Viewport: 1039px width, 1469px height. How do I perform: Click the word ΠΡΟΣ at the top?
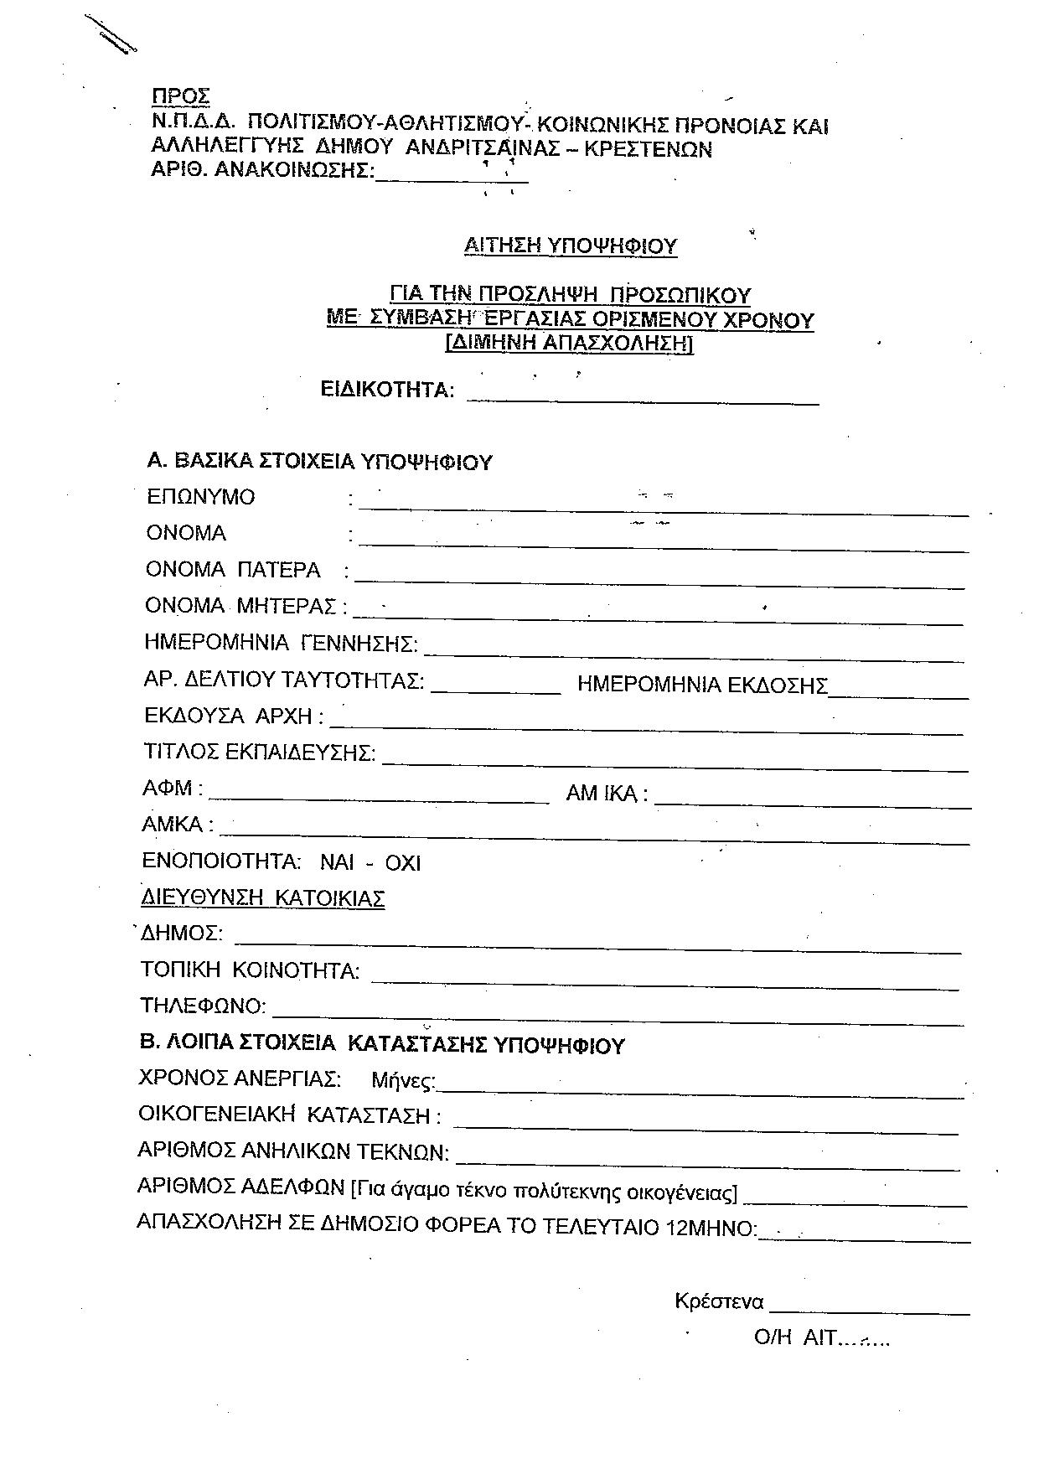click(x=180, y=96)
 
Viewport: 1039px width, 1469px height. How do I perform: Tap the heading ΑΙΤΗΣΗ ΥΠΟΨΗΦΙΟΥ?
click(x=570, y=246)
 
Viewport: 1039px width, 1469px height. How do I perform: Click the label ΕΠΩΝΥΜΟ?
click(x=201, y=497)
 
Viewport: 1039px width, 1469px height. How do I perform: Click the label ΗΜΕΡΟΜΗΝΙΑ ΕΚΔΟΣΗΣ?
click(x=702, y=685)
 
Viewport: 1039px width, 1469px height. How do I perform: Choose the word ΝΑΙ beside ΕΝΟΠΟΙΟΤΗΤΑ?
click(x=337, y=863)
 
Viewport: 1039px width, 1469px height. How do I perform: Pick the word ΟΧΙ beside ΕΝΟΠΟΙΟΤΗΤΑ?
click(x=402, y=863)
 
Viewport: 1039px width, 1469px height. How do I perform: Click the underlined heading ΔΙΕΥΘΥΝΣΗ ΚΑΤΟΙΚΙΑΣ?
click(x=262, y=898)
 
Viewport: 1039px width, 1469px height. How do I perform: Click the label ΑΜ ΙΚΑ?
click(x=606, y=794)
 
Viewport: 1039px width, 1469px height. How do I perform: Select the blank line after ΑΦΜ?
click(x=383, y=800)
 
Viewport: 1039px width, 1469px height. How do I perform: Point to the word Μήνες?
click(x=403, y=1081)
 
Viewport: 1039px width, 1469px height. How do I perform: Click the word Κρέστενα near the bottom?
click(x=719, y=1301)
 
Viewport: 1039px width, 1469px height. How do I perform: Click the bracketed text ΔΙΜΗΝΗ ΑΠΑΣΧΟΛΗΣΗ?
click(x=570, y=343)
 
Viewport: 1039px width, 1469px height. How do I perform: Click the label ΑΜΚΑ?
click(x=173, y=825)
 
